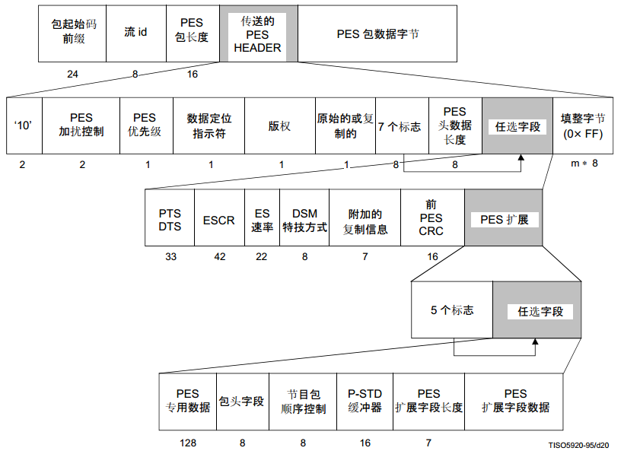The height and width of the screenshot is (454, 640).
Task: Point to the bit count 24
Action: pos(73,75)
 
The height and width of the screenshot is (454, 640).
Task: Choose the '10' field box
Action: pos(24,126)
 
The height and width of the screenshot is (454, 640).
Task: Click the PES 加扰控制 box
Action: pos(81,126)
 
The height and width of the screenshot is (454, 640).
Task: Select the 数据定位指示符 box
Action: pos(209,126)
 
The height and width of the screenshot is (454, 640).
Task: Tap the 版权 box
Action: pos(279,126)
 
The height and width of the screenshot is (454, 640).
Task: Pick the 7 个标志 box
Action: pos(402,126)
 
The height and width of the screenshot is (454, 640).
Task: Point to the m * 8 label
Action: pos(584,164)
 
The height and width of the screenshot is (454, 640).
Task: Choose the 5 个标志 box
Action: pos(452,310)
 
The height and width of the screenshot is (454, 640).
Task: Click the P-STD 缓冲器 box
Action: pos(365,401)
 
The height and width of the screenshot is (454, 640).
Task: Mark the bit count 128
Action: pos(189,442)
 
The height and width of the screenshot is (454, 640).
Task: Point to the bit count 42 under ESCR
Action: pos(220,257)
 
